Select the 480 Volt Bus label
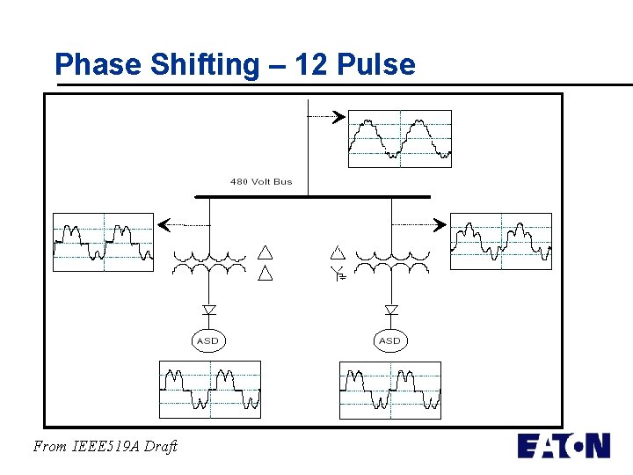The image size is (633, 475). [x=261, y=182]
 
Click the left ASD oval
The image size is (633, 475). [x=208, y=340]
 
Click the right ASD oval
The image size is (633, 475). [x=389, y=340]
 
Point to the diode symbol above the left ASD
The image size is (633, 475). [x=209, y=310]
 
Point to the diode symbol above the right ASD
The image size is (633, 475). [x=391, y=310]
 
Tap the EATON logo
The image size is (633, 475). [x=563, y=445]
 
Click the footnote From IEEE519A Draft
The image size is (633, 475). [x=105, y=446]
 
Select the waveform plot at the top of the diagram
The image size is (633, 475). [x=400, y=138]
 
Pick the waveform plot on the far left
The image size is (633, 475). [x=103, y=241]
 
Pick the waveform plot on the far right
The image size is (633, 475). [x=501, y=241]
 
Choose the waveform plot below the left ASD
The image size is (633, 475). [x=210, y=389]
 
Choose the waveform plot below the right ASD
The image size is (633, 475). [x=390, y=389]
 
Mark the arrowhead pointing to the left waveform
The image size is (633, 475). [x=162, y=226]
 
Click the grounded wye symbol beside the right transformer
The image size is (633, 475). [x=338, y=274]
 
